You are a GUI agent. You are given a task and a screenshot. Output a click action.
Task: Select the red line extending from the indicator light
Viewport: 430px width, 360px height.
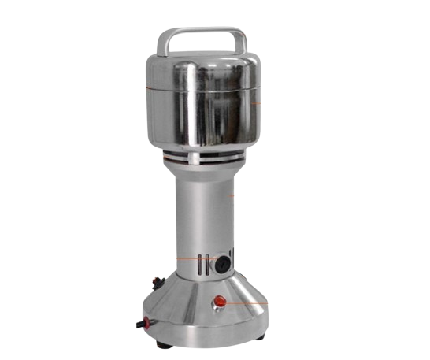[244, 302]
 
